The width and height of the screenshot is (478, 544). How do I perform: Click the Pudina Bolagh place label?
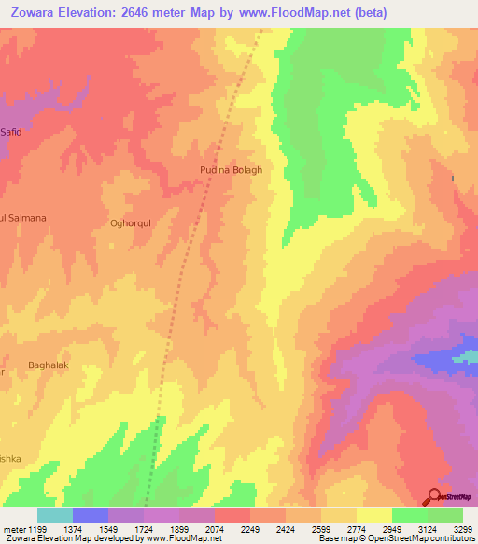231,170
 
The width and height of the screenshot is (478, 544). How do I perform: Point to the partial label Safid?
10,132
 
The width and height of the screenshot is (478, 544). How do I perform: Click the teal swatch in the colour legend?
55,515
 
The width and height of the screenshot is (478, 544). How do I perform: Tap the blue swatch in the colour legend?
91,515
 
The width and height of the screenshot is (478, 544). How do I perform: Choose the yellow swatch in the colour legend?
374,515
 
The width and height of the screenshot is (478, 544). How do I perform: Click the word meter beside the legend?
13,529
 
